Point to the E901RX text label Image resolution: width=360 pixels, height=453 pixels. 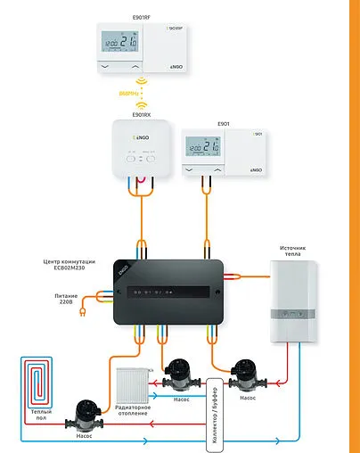tap(140, 114)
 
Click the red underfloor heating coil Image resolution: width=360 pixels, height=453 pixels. tap(37, 381)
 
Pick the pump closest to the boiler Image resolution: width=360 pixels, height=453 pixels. tap(241, 373)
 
